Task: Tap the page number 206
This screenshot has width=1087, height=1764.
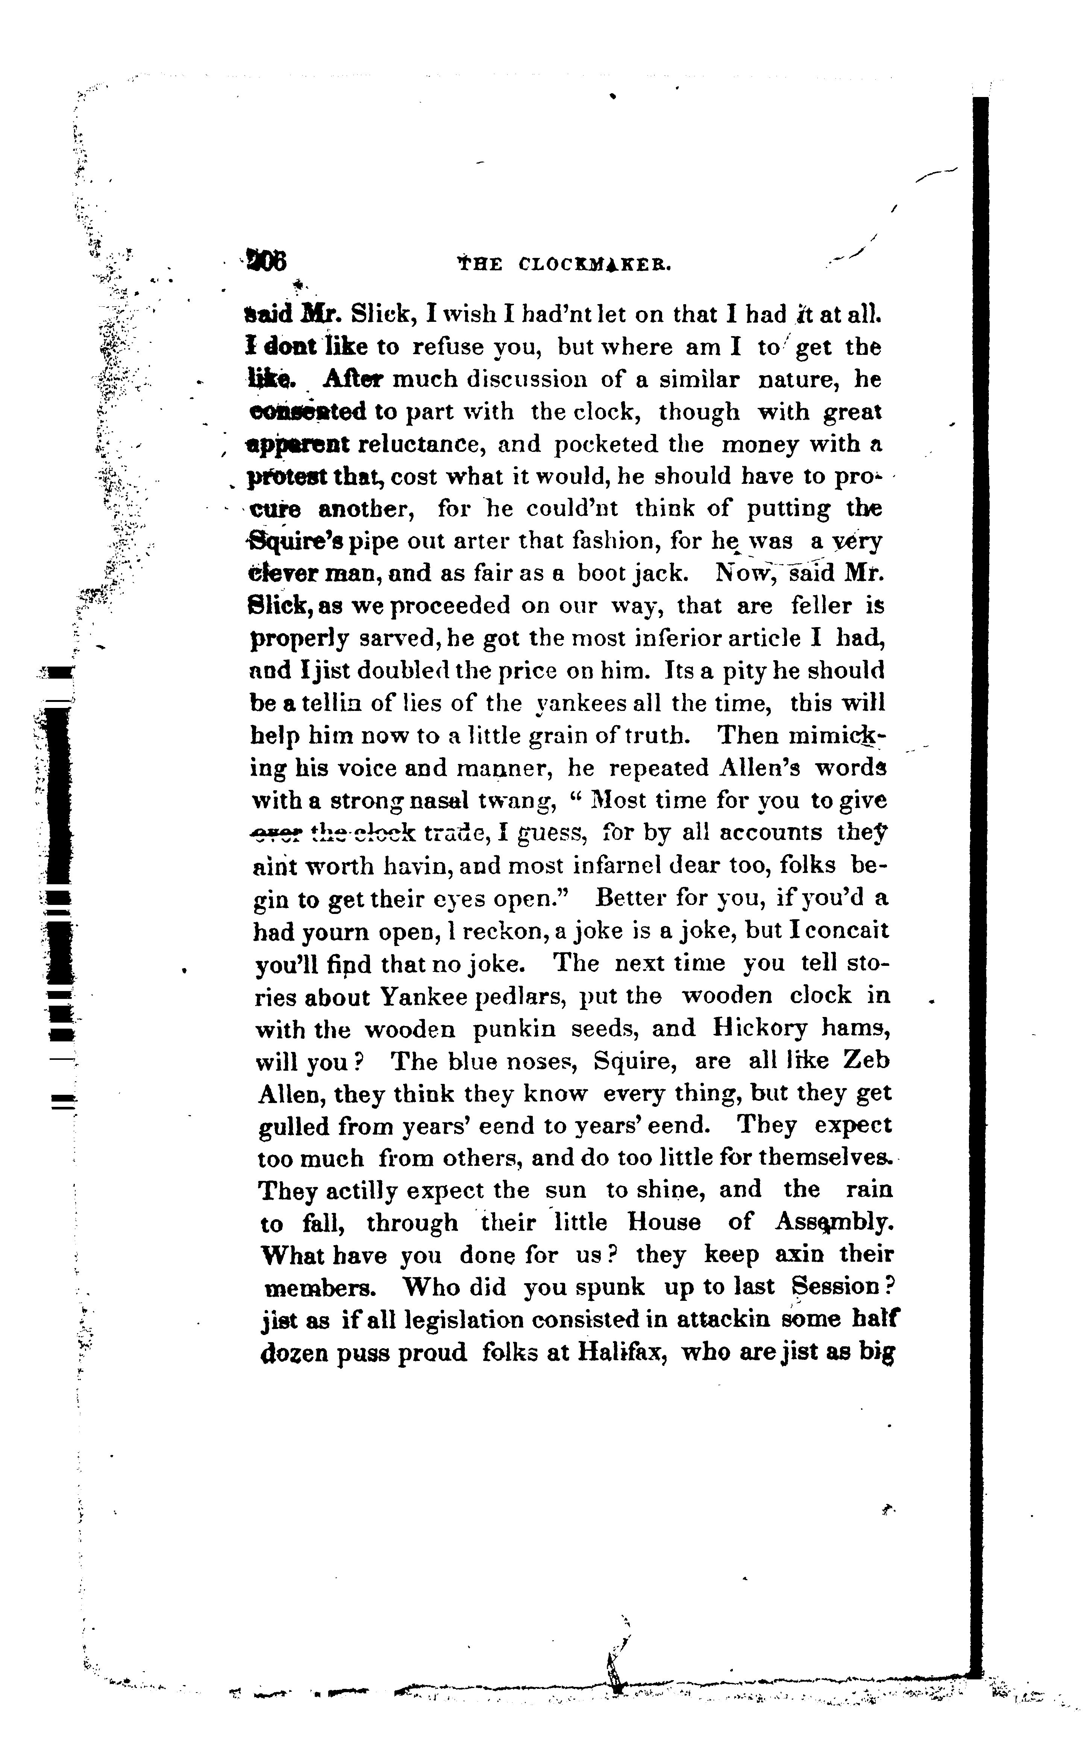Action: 266,260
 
